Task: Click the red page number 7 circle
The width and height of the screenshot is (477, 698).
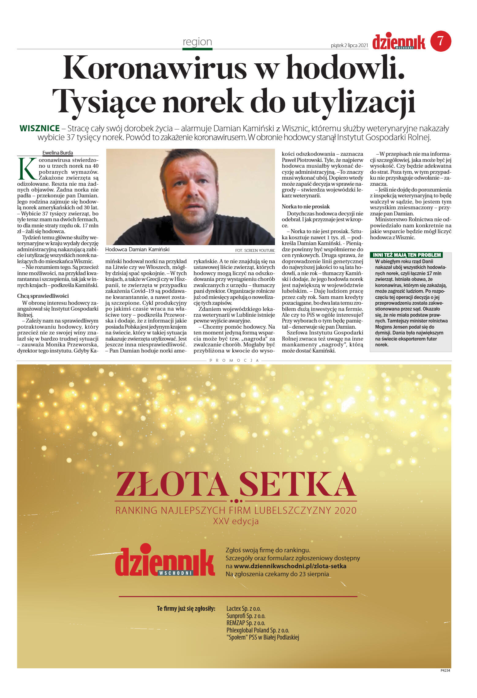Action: pyautogui.click(x=441, y=41)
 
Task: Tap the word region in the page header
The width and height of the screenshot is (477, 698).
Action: pyautogui.click(x=197, y=42)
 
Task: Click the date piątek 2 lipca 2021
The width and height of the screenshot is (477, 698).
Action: pyautogui.click(x=349, y=45)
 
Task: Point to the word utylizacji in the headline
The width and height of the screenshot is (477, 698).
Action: pyautogui.click(x=354, y=101)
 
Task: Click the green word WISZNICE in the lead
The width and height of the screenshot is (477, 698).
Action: pyautogui.click(x=39, y=128)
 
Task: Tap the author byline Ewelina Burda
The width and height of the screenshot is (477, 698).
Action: pyautogui.click(x=58, y=153)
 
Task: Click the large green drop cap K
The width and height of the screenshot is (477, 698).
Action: pyautogui.click(x=27, y=169)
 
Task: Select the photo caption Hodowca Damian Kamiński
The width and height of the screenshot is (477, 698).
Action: pyautogui.click(x=137, y=249)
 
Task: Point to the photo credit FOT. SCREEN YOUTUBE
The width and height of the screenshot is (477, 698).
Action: pyautogui.click(x=255, y=250)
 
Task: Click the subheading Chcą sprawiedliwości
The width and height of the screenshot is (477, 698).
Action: pyautogui.click(x=43, y=296)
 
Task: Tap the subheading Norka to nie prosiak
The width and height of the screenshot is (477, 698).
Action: pyautogui.click(x=306, y=207)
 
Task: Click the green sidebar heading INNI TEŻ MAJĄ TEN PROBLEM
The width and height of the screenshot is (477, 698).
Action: pyautogui.click(x=407, y=255)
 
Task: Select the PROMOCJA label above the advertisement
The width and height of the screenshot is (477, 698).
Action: pyautogui.click(x=234, y=360)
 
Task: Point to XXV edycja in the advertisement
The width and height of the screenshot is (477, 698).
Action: pyautogui.click(x=236, y=521)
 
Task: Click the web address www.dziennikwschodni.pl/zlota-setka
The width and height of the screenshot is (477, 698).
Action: pyautogui.click(x=290, y=566)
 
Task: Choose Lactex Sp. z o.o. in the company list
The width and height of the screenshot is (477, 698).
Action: pyautogui.click(x=243, y=609)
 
